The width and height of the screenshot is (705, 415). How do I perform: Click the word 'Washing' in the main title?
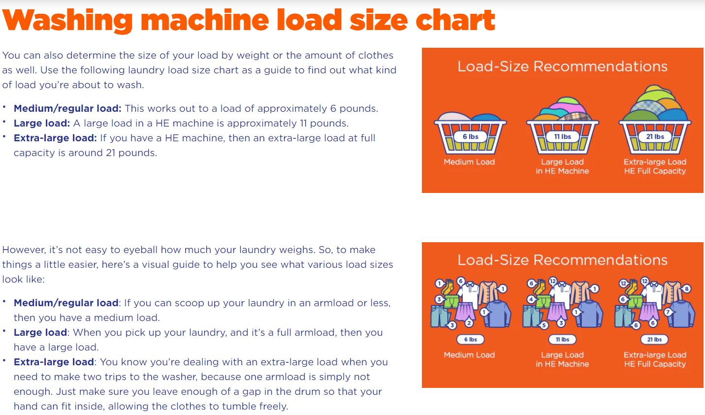click(x=67, y=21)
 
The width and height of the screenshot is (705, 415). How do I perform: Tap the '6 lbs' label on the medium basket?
click(x=470, y=136)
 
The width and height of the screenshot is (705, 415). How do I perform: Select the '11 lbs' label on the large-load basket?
click(x=562, y=136)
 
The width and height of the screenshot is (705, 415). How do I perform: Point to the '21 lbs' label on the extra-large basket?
click(x=655, y=136)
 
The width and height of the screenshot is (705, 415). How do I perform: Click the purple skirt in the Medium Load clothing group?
click(x=464, y=312)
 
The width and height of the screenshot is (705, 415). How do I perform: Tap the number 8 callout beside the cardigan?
click(x=686, y=288)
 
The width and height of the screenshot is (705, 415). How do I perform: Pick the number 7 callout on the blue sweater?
click(x=668, y=312)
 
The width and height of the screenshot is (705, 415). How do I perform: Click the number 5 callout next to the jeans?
click(x=544, y=325)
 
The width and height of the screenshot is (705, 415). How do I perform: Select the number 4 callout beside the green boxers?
click(x=531, y=299)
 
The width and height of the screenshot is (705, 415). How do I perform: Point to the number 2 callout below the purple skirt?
click(x=469, y=323)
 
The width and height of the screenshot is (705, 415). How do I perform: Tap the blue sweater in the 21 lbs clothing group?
click(x=681, y=314)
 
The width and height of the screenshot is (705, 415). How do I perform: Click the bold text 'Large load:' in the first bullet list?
click(x=41, y=124)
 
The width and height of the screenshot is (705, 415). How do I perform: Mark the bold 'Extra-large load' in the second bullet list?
click(x=54, y=362)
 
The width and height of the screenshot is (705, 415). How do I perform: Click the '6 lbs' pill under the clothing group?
click(x=470, y=340)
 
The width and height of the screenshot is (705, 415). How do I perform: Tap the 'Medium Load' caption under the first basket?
click(x=469, y=162)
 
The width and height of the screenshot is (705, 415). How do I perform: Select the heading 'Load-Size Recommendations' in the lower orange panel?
click(x=562, y=260)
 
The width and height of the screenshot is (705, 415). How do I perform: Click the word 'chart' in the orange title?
click(x=455, y=21)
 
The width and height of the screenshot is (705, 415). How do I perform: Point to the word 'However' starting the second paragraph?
click(x=24, y=250)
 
